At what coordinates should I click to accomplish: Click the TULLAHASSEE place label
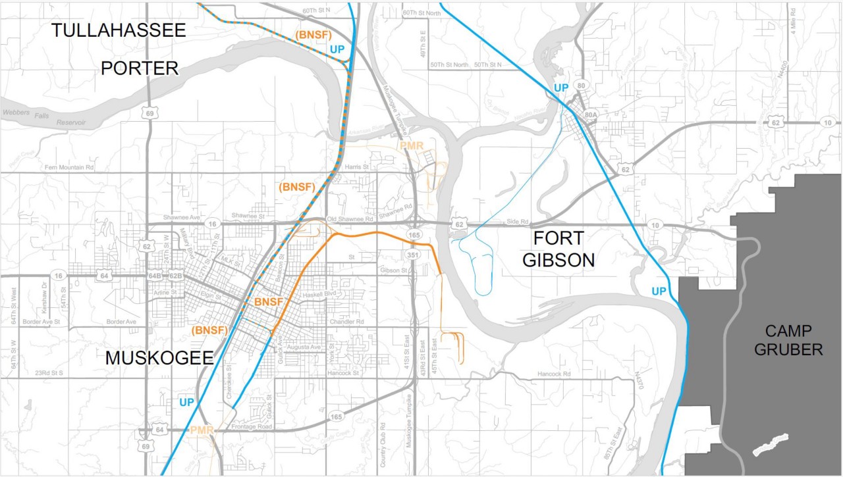[119, 30]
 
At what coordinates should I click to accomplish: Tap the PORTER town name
[140, 68]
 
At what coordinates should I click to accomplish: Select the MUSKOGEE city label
[159, 359]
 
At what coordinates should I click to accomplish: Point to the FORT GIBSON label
[559, 248]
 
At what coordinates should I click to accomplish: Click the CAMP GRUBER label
[788, 339]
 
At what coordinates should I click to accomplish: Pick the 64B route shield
[155, 276]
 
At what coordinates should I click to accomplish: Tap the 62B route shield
[175, 276]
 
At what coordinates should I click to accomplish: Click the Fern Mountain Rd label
[69, 168]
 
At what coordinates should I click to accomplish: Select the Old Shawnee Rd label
[350, 218]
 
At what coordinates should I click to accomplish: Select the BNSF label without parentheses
[268, 302]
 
